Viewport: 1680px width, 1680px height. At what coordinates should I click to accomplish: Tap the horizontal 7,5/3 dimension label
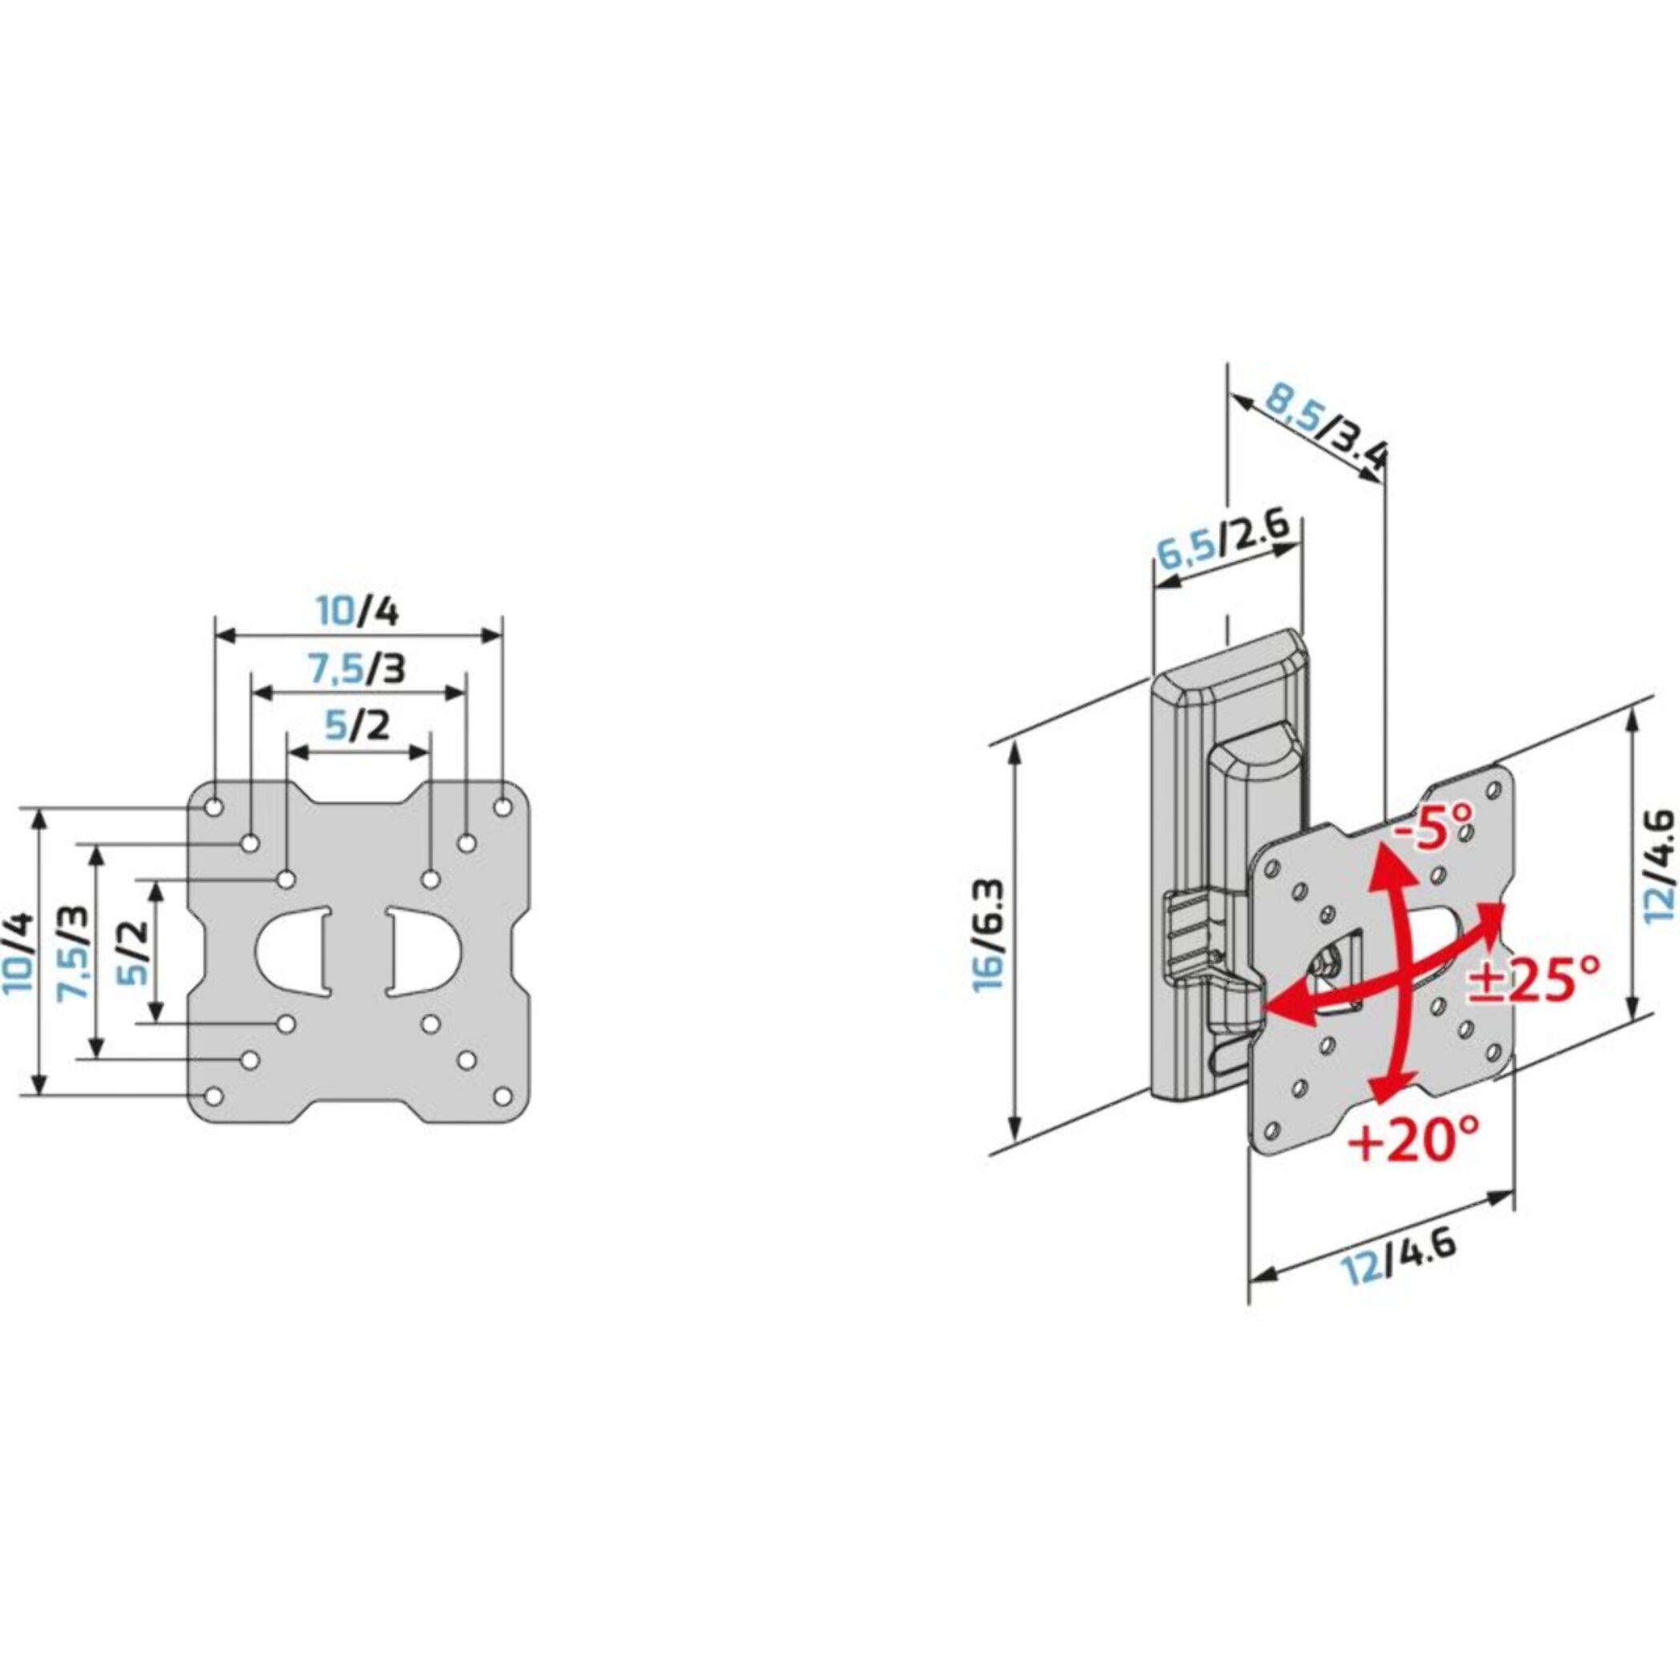358,669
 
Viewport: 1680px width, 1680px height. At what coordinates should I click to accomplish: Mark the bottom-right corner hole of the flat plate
503,1096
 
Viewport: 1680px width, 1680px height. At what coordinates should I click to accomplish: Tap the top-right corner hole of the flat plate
503,807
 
